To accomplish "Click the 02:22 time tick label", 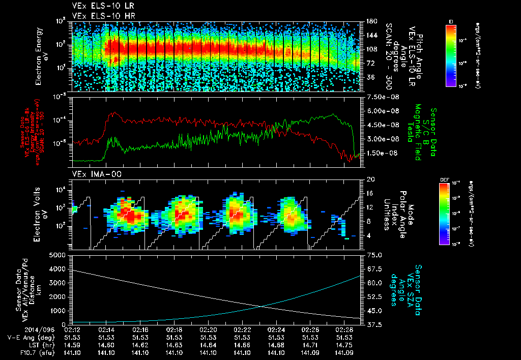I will (242, 329).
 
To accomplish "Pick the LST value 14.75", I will (343, 345).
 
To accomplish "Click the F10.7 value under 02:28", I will (343, 352).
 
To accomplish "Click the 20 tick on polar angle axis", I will (370, 179).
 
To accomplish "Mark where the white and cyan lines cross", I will (261, 306).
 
